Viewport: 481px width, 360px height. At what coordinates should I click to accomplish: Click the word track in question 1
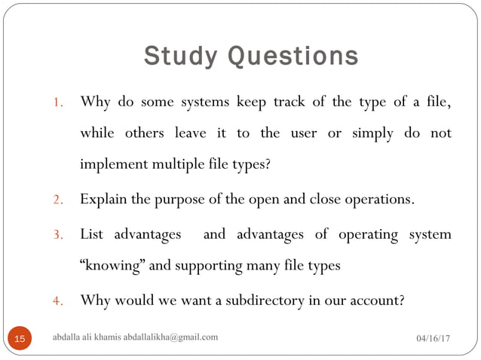295,101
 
